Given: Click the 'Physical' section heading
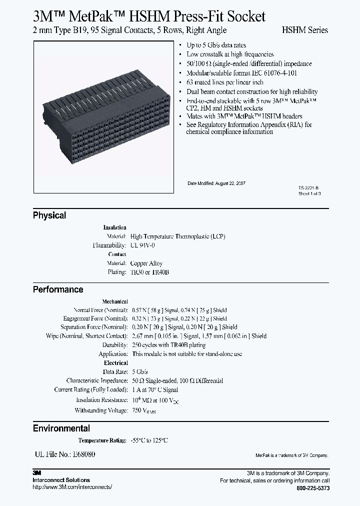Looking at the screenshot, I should click(49, 215).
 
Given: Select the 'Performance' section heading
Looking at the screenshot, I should click(58, 289).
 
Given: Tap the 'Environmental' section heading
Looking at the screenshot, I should click(61, 428).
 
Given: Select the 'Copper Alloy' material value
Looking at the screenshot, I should click(146, 263).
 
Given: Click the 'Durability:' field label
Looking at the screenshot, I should click(114, 345).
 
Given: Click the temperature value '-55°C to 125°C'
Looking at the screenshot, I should click(149, 440).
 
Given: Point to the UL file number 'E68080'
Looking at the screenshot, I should click(78, 454).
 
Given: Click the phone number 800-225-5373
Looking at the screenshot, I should click(313, 487).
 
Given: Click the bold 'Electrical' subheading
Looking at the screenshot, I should click(115, 363).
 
